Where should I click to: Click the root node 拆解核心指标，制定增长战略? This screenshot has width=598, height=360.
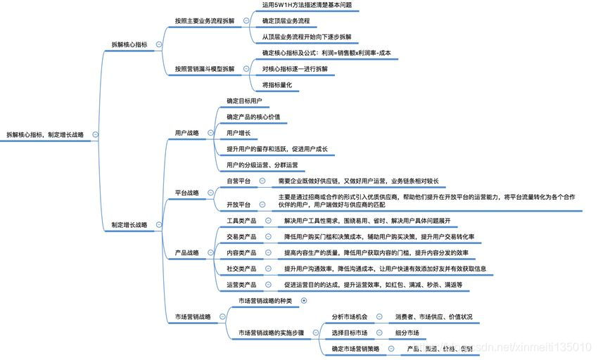coord(44,134)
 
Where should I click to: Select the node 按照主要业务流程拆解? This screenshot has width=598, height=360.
coord(204,21)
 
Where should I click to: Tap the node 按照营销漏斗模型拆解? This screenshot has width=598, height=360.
coord(204,69)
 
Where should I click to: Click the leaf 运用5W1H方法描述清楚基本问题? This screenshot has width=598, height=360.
coord(307,5)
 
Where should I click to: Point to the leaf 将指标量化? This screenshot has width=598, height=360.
coord(276,84)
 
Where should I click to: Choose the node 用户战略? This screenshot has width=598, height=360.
coord(186,132)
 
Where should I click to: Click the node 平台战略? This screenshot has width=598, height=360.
coord(186,192)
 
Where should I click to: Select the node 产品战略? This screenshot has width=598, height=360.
coord(186,252)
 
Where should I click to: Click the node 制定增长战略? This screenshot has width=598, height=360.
coord(129,225)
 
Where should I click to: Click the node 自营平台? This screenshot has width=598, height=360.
coord(238,181)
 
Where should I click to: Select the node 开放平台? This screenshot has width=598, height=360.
coord(238,204)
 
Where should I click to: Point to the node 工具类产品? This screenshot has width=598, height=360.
coord(241,220)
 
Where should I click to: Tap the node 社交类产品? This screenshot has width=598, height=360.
coord(241,269)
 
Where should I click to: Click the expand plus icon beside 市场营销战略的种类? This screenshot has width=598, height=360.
coord(303,300)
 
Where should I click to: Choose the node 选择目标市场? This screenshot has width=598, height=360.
coord(350,333)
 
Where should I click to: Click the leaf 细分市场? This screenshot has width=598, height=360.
coord(407,333)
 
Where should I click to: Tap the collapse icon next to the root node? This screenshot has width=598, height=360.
coord(95,134)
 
